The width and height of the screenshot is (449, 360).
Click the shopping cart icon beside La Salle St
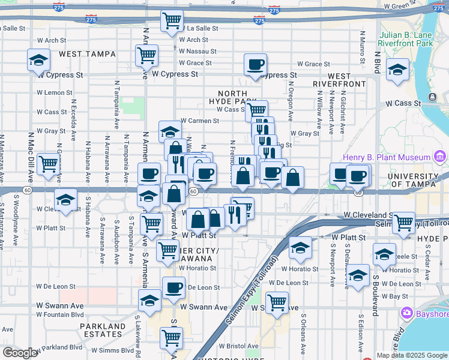point(172,22)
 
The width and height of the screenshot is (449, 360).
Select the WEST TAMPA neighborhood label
point(87,54)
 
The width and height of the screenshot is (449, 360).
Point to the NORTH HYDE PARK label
point(232,98)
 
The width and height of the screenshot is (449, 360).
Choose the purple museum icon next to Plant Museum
point(440,157)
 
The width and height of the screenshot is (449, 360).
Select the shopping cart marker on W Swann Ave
point(277,302)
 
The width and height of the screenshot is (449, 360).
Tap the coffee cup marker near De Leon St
point(173,287)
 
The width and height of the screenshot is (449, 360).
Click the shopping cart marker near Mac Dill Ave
point(48,164)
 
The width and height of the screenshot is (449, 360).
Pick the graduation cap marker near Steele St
point(384,254)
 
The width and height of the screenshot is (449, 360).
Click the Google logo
point(20,353)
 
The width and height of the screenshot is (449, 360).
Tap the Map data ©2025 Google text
point(412,355)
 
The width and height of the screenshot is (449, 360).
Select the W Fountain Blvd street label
point(61,314)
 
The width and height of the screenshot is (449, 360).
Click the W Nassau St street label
point(197,51)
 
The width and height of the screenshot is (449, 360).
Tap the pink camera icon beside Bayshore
point(407,313)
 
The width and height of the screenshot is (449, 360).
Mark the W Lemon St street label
point(54,92)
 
